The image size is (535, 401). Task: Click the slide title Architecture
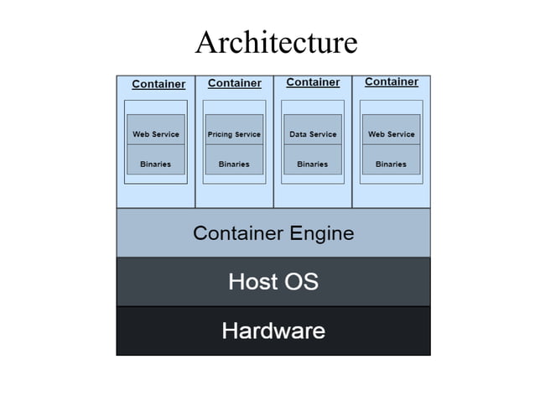coord(276,42)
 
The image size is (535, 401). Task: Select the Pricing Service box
coord(234,134)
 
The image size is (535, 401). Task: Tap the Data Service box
coord(312,134)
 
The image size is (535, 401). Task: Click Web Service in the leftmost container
coord(156,134)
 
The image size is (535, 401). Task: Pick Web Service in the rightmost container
coord(391,134)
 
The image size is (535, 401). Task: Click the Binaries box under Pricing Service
coord(234,164)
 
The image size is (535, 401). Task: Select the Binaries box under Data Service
coord(312,164)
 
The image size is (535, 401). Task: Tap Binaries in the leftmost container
coord(156,164)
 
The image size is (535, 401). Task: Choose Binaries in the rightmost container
coord(391,164)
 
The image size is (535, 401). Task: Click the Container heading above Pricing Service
coord(234,83)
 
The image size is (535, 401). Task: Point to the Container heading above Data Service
coord(313,82)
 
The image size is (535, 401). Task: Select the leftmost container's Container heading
coord(158,84)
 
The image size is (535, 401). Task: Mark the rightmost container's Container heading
coord(392,81)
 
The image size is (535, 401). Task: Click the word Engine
coord(322,233)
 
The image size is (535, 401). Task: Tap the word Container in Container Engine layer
coord(238,232)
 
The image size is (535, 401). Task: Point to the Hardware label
coord(273,331)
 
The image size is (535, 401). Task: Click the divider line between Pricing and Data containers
coord(273,143)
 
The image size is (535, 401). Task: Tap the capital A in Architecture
coord(205,42)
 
